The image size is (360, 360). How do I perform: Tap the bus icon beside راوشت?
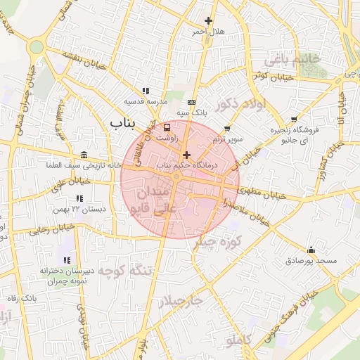tap(167, 128)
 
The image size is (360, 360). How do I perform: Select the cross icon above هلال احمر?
tap(207, 21)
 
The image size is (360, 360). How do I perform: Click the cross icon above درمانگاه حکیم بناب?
tap(186, 155)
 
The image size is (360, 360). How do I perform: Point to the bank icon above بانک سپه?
tap(191, 102)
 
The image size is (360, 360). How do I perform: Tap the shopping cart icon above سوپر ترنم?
tap(227, 129)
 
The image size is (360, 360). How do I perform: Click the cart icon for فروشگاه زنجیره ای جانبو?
tap(294, 120)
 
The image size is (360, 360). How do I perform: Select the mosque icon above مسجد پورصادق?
tap(311, 250)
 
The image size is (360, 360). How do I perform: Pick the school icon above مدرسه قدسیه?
tap(146, 91)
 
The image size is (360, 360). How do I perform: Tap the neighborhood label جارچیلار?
tap(180, 300)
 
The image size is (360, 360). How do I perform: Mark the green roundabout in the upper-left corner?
tap(36, 47)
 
